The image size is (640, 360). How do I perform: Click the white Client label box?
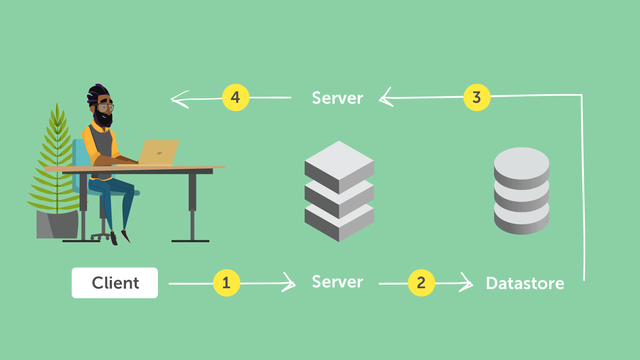tap(114, 283)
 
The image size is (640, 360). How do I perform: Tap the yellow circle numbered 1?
tap(227, 283)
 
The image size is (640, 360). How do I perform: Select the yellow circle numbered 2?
tap(422, 283)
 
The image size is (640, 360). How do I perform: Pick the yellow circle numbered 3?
tap(477, 97)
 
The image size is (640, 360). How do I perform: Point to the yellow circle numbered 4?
tap(236, 97)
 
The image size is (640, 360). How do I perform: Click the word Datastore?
tap(525, 283)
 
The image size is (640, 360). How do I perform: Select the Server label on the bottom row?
tap(337, 282)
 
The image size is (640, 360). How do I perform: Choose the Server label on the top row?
tap(337, 98)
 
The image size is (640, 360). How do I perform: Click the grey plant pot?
tap(58, 224)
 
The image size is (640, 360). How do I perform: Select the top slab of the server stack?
tap(339, 167)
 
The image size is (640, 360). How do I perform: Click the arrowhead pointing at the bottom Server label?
tap(289, 282)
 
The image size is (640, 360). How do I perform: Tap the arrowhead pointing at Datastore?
tap(467, 282)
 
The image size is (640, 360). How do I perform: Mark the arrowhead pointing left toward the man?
tap(179, 100)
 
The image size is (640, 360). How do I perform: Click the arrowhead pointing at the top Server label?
tap(386, 97)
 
